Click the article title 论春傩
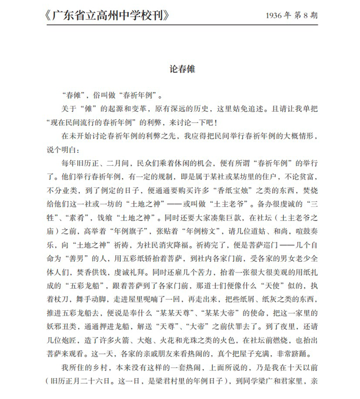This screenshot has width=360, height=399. click(180, 68)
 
